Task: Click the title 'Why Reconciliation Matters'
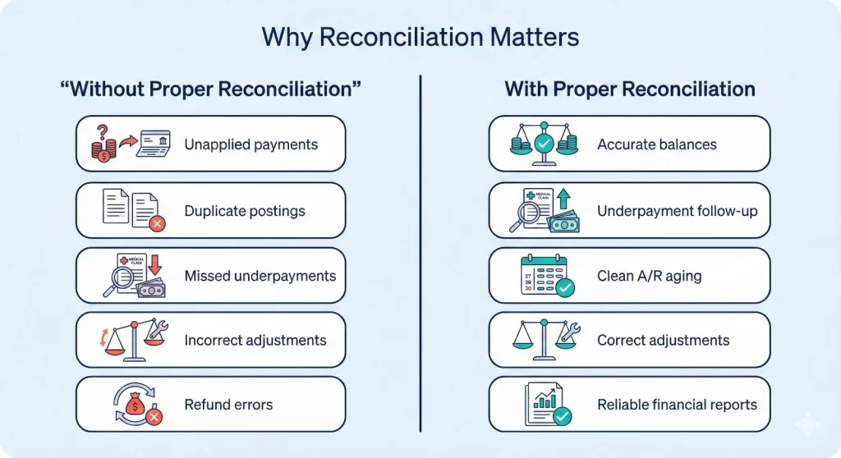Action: [420, 37]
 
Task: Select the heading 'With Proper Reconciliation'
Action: [630, 89]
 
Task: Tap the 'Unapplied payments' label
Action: [250, 144]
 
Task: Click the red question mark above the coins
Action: [102, 131]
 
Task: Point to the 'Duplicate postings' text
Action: [245, 211]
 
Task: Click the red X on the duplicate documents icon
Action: [155, 222]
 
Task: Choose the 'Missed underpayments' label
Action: [260, 276]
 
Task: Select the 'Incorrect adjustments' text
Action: [255, 340]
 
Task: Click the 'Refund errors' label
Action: [228, 404]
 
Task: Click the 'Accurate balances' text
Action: [657, 144]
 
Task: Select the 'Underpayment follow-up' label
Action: [678, 211]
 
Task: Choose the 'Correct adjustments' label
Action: [664, 340]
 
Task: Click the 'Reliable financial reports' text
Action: [678, 404]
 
